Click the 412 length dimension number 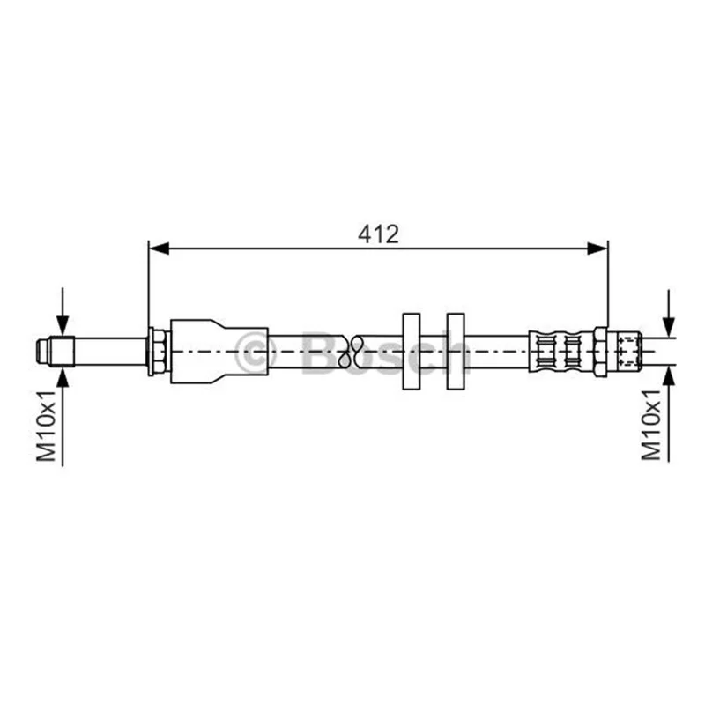[x=378, y=234]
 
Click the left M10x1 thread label [x=47, y=426]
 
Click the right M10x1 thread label [x=651, y=425]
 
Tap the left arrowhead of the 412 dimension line [x=159, y=248]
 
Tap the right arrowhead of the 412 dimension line [x=597, y=248]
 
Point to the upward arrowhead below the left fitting [x=63, y=377]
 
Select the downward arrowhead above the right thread [x=669, y=326]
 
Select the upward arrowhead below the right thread [x=669, y=375]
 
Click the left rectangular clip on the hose [x=411, y=351]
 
